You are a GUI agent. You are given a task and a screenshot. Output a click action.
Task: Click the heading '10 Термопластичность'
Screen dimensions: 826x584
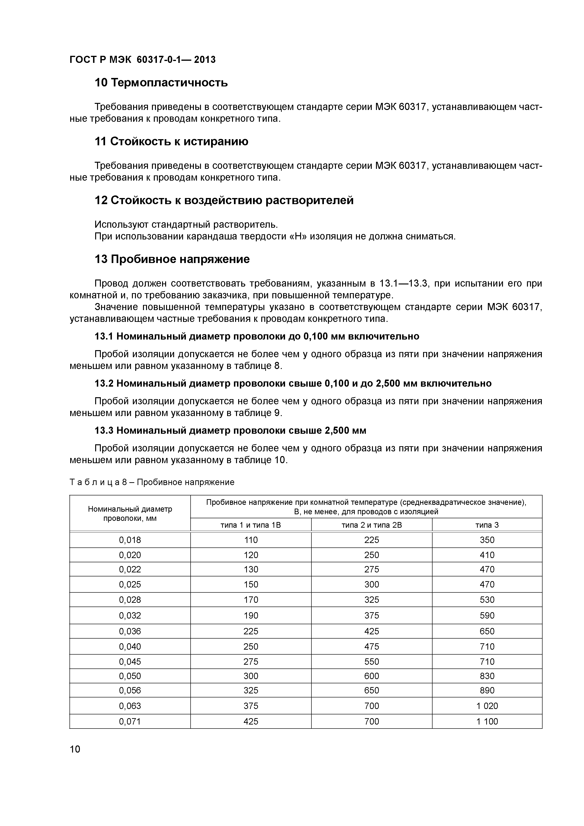161,83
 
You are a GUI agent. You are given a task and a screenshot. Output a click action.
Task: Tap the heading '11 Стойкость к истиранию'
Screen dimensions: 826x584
171,141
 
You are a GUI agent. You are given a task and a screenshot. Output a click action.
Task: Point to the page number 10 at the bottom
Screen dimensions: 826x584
75,749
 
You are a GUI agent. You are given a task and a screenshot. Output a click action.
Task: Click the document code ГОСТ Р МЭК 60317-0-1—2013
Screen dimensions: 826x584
143,59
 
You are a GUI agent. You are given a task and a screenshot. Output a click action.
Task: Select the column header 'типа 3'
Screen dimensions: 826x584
487,525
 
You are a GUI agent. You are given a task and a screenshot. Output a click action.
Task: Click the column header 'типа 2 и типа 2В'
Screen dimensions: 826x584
371,525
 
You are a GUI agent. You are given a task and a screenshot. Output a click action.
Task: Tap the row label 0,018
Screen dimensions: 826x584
130,540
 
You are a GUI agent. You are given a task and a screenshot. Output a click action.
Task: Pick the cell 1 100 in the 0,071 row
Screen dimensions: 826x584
487,721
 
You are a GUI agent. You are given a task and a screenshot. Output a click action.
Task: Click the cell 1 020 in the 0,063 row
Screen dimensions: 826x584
487,706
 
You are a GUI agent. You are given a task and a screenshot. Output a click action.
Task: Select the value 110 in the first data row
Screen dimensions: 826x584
251,540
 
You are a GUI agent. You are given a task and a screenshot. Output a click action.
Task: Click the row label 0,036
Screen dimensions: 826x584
130,631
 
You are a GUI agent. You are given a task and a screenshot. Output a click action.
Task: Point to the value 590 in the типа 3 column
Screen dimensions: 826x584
487,615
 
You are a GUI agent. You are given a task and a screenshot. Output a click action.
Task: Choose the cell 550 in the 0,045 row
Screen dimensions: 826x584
371,662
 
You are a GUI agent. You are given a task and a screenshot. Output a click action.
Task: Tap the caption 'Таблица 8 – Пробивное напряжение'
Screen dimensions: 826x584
152,482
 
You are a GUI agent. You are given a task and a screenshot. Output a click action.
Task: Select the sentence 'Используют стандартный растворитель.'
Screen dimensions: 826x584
186,224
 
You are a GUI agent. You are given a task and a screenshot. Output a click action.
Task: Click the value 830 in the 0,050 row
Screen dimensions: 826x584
487,676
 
